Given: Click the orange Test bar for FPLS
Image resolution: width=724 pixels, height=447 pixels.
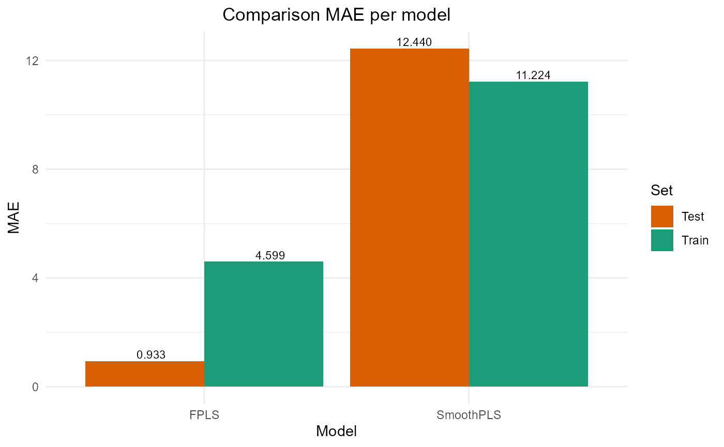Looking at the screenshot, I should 145,374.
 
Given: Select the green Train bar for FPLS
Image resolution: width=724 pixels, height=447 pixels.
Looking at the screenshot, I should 264,324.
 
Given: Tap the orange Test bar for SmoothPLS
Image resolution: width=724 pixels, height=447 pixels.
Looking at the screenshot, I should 410,218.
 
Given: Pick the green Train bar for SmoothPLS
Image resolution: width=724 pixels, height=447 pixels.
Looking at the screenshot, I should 529,234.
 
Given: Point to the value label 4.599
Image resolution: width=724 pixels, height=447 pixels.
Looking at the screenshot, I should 270,255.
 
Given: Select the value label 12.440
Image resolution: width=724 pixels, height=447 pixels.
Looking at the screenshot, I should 414,42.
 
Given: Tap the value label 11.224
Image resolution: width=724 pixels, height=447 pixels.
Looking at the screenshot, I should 533,75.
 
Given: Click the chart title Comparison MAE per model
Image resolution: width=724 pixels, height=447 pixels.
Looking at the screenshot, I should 336,15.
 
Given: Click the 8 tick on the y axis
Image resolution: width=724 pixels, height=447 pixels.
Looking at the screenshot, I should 35,169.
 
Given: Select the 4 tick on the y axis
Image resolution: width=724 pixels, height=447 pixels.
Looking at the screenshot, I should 35,278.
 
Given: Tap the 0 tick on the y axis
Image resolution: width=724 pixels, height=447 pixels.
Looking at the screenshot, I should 35,387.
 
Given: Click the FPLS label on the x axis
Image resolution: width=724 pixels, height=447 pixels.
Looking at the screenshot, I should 204,415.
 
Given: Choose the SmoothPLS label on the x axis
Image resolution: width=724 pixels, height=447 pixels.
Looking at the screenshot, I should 469,415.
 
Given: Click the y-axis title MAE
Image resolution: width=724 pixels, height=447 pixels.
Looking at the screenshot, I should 14,223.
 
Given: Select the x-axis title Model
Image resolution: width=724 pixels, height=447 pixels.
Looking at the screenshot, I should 336,431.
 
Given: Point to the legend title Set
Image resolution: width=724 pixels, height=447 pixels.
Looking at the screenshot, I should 661,190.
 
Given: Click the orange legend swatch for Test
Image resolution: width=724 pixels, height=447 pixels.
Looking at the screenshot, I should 662,216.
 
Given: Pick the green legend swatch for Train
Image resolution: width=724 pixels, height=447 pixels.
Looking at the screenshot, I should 662,240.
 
